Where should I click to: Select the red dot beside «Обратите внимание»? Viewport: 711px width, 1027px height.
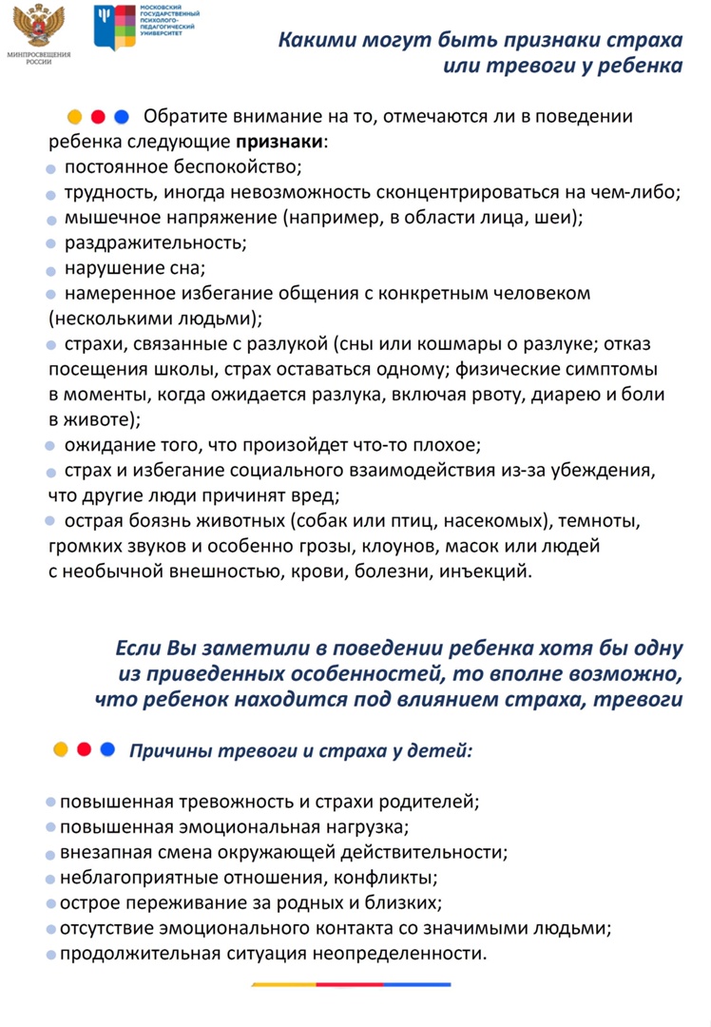[x=97, y=118]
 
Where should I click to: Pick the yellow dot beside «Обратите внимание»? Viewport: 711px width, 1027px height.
[x=74, y=118]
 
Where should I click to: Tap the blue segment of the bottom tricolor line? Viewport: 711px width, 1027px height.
[x=418, y=985]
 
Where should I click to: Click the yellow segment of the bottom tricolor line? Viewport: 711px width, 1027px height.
[x=283, y=985]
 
